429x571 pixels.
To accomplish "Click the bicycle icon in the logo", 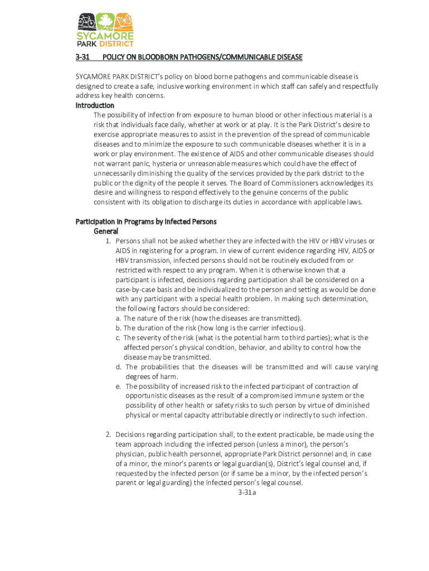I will tap(86, 22).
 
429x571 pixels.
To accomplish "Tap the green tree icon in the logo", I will tap(105, 22).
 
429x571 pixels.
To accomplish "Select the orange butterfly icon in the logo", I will tap(124, 22).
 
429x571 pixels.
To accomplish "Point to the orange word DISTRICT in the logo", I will tap(116, 43).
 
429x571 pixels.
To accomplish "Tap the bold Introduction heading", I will tap(95, 105).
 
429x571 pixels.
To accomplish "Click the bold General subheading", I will tap(106, 231).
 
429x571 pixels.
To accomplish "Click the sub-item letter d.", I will tap(119, 367).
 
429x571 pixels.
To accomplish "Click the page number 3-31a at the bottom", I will tap(246, 493).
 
